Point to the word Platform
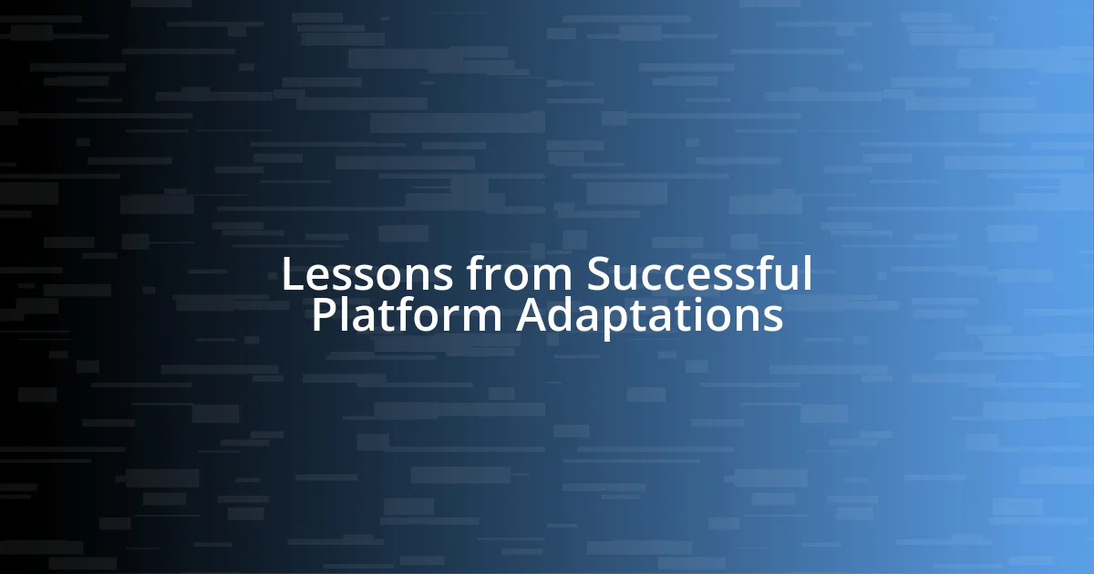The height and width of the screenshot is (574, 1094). [x=407, y=316]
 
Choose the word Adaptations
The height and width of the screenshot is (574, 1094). [x=649, y=316]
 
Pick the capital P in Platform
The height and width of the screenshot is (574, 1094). [x=322, y=316]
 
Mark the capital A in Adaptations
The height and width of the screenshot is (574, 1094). [x=532, y=316]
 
